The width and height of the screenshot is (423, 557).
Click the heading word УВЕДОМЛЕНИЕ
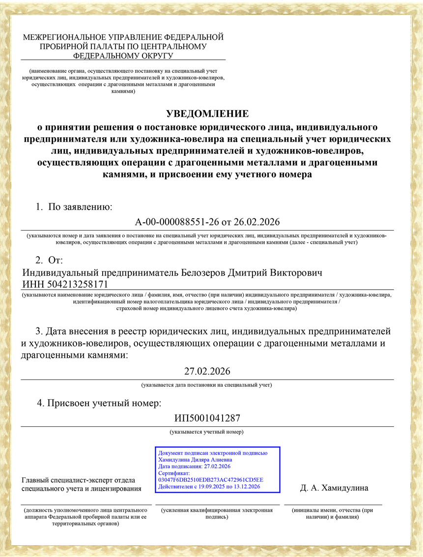[x=207, y=114]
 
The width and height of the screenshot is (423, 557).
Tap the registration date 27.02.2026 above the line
[x=207, y=371]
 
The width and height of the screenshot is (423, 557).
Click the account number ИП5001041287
[x=207, y=418]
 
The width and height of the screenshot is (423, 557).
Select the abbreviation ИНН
[x=32, y=284]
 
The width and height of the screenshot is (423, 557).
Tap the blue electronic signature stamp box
[x=217, y=469]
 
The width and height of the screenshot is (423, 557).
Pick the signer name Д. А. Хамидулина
[x=334, y=488]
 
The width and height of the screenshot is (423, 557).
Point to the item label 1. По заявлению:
[x=74, y=207]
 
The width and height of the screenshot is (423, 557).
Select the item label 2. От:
[x=49, y=259]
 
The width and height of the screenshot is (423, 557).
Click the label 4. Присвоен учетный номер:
[x=99, y=404]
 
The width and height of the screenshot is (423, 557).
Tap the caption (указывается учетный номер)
[x=207, y=432]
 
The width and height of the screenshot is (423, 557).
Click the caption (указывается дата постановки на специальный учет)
[x=207, y=385]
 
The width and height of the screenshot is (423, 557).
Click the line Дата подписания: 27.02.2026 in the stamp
[x=195, y=467]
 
